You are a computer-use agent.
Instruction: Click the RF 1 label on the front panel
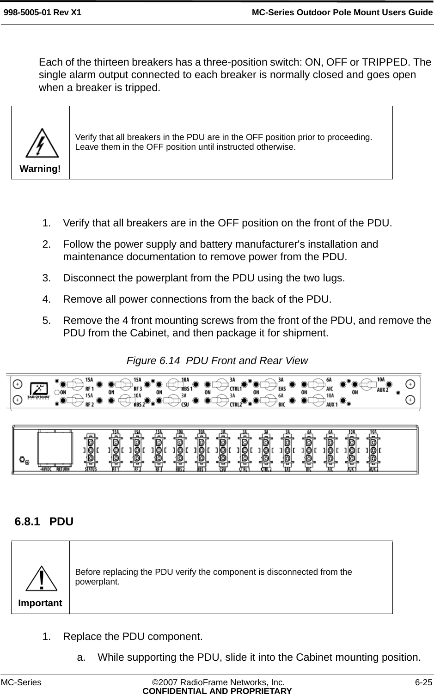coord(89,389)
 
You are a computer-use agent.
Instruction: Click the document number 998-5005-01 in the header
coord(28,12)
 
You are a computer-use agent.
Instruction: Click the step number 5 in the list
coord(46,320)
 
